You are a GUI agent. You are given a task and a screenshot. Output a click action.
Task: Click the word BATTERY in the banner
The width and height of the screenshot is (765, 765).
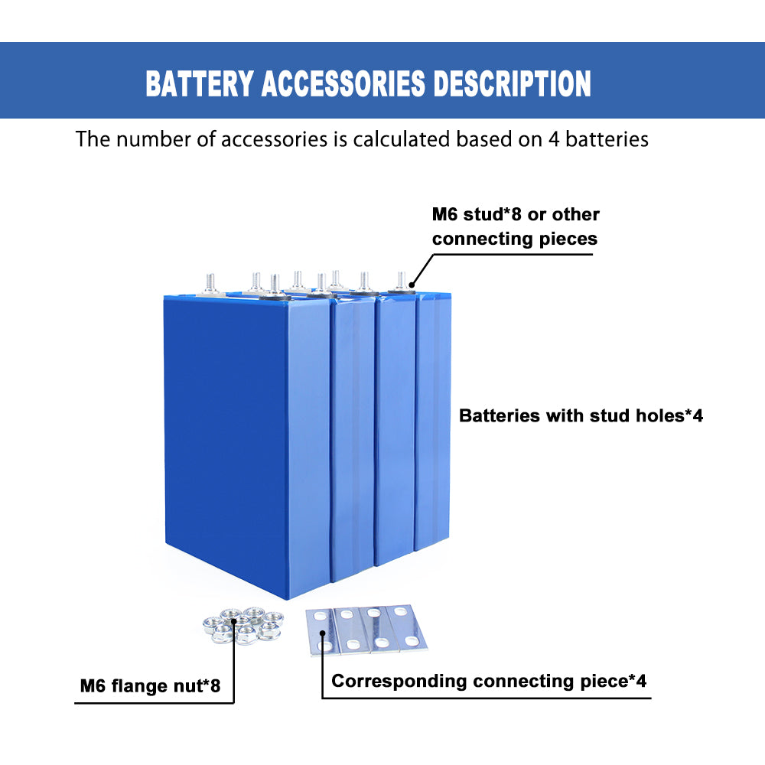click(198, 83)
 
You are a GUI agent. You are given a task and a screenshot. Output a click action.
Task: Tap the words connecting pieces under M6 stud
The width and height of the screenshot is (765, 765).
click(514, 239)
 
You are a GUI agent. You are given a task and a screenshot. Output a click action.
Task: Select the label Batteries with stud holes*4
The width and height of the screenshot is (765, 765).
click(581, 416)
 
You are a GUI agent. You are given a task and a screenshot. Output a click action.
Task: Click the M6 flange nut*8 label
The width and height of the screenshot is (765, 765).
click(150, 686)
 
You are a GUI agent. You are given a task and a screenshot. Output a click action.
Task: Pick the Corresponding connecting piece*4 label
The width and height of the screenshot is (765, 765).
click(489, 681)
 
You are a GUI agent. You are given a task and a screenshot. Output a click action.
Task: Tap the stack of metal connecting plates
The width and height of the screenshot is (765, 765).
click(366, 629)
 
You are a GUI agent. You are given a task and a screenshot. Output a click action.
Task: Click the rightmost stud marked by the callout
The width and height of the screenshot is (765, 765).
click(400, 281)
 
